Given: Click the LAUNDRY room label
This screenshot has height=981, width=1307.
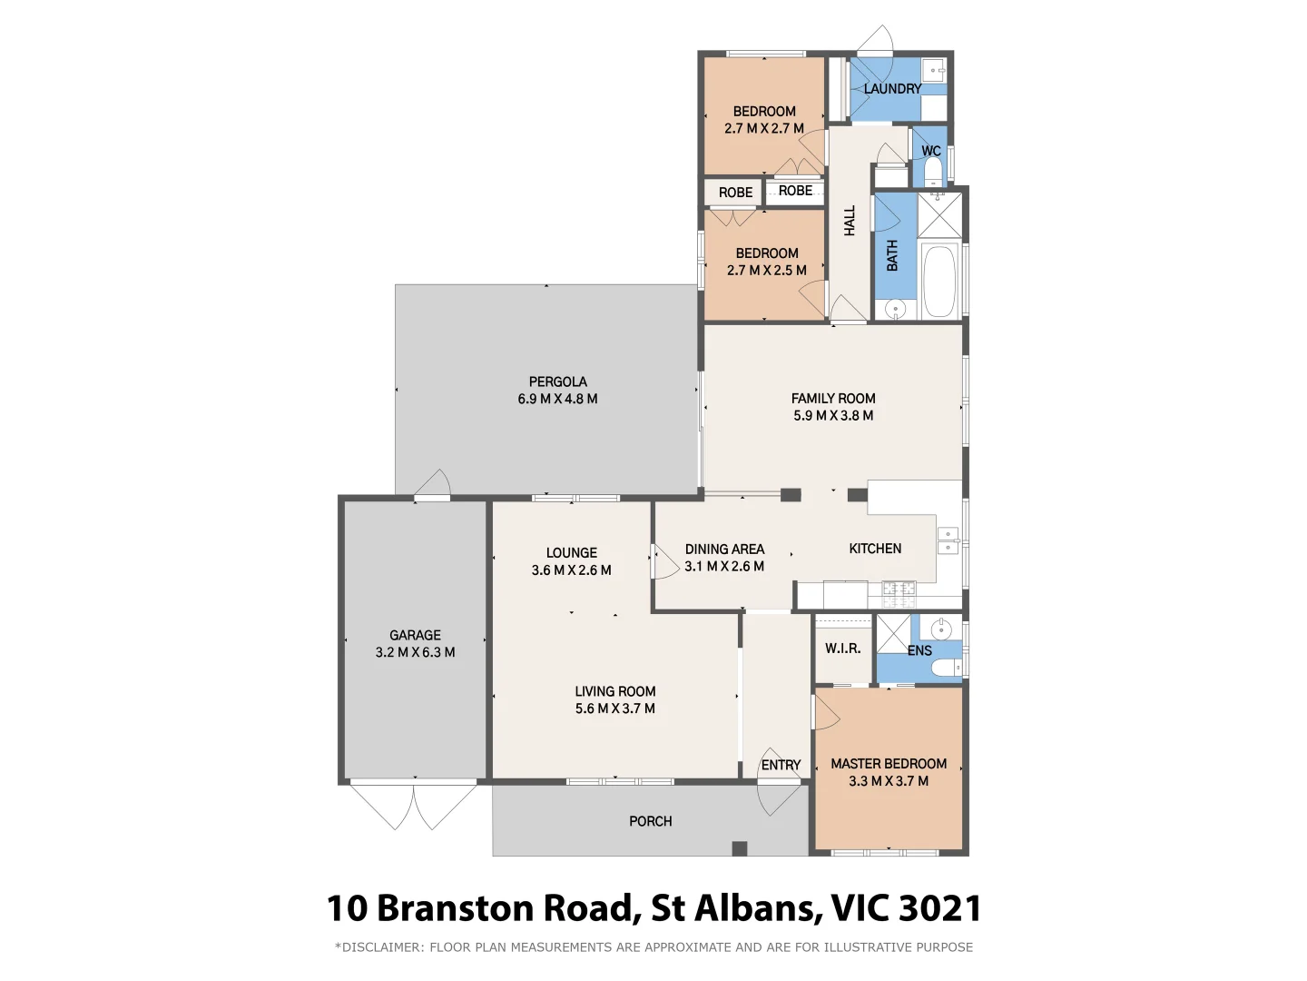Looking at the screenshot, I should [892, 89].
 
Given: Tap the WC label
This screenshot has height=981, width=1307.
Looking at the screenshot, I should [930, 152].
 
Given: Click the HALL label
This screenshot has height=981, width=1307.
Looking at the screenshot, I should [850, 221].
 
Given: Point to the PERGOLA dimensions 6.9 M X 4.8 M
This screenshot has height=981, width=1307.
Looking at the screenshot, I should [557, 399].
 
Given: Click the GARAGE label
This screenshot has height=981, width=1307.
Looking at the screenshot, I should [415, 636].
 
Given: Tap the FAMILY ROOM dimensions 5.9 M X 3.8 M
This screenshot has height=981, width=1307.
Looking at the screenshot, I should [833, 416].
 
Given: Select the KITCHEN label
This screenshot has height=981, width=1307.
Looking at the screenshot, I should [875, 549].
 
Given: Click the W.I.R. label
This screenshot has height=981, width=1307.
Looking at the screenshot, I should [842, 649].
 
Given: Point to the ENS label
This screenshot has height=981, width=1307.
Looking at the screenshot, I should [919, 650].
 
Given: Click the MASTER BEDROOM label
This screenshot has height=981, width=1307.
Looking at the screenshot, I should [889, 764].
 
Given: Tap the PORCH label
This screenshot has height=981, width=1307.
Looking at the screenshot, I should [651, 821].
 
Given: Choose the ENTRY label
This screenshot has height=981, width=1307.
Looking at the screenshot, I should [781, 766].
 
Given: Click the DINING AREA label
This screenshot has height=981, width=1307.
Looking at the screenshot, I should [724, 550].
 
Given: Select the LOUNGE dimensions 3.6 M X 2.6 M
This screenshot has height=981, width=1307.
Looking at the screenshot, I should [571, 570].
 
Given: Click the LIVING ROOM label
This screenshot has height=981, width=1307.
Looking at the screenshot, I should [614, 692].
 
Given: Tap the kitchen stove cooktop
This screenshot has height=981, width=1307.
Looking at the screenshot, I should [899, 594].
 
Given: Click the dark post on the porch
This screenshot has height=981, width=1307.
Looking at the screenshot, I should [740, 848].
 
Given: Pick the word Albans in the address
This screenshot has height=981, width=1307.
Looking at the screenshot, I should [747, 908].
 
